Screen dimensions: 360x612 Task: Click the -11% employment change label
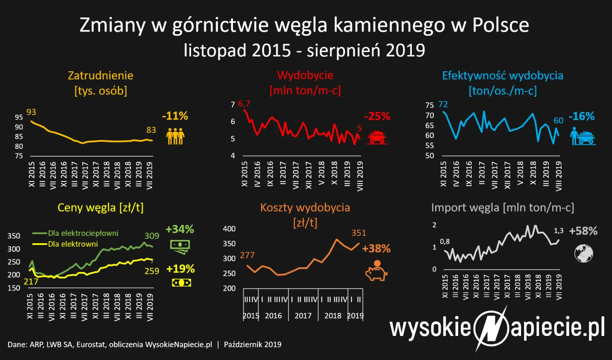click(174, 116)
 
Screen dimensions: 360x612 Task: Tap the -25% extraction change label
click(376, 116)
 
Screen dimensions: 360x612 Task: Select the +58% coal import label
click(583, 231)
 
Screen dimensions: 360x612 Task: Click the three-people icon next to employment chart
click(175, 136)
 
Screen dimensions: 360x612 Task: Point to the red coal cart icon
click(376, 137)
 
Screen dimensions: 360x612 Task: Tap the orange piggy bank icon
click(376, 270)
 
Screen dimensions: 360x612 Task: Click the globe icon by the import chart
click(583, 252)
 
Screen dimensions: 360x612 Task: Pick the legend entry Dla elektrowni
click(73, 244)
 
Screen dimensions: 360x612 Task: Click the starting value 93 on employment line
click(31, 112)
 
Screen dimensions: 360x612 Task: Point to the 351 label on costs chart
click(358, 233)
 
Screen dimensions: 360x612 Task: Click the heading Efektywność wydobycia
click(503, 75)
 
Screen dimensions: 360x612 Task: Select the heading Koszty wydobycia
click(305, 207)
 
